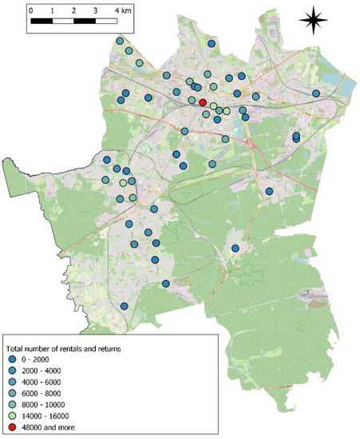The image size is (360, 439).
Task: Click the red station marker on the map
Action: pyautogui.click(x=203, y=102)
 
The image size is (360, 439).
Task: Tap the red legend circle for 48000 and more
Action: pyautogui.click(x=14, y=428)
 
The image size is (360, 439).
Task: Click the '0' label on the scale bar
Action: pyautogui.click(x=30, y=12)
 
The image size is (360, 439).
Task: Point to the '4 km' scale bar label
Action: pyautogui.click(x=122, y=12)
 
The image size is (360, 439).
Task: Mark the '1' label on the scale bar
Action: pyautogui.click(x=52, y=12)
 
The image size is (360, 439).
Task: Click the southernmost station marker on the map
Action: pyautogui.click(x=125, y=307)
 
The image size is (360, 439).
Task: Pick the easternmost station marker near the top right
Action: pyautogui.click(x=316, y=93)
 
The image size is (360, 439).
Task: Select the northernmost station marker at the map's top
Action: pyautogui.click(x=120, y=41)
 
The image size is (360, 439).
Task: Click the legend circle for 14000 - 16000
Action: pyautogui.click(x=14, y=417)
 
